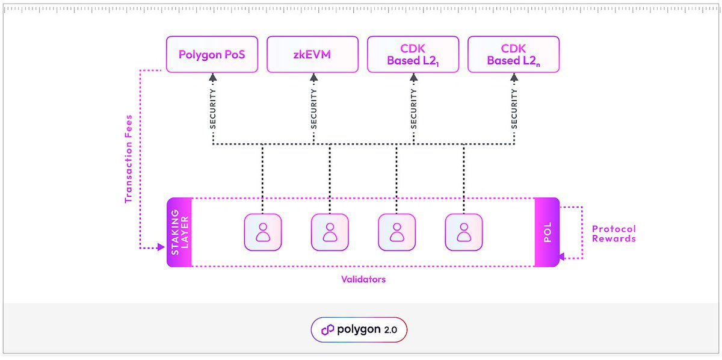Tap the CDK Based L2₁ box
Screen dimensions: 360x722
tap(413, 55)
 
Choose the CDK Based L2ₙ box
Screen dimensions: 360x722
tap(513, 55)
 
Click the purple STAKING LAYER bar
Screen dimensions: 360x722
tap(179, 232)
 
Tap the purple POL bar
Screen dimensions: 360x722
tap(546, 232)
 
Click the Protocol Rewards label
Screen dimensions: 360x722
tap(614, 234)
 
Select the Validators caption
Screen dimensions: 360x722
tap(363, 279)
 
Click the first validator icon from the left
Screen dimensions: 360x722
tap(262, 232)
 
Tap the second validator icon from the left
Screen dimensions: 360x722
tap(330, 232)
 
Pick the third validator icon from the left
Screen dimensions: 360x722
tap(396, 232)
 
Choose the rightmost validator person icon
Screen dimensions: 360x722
tap(464, 232)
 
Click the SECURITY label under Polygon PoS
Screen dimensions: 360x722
tap(212, 109)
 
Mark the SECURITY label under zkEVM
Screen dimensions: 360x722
tap(313, 109)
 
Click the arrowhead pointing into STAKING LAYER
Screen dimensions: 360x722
tap(161, 247)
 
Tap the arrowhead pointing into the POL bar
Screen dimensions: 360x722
tap(562, 257)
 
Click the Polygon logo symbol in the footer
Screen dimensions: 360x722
tap(327, 330)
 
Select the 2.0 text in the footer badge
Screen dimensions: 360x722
tap(391, 330)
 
